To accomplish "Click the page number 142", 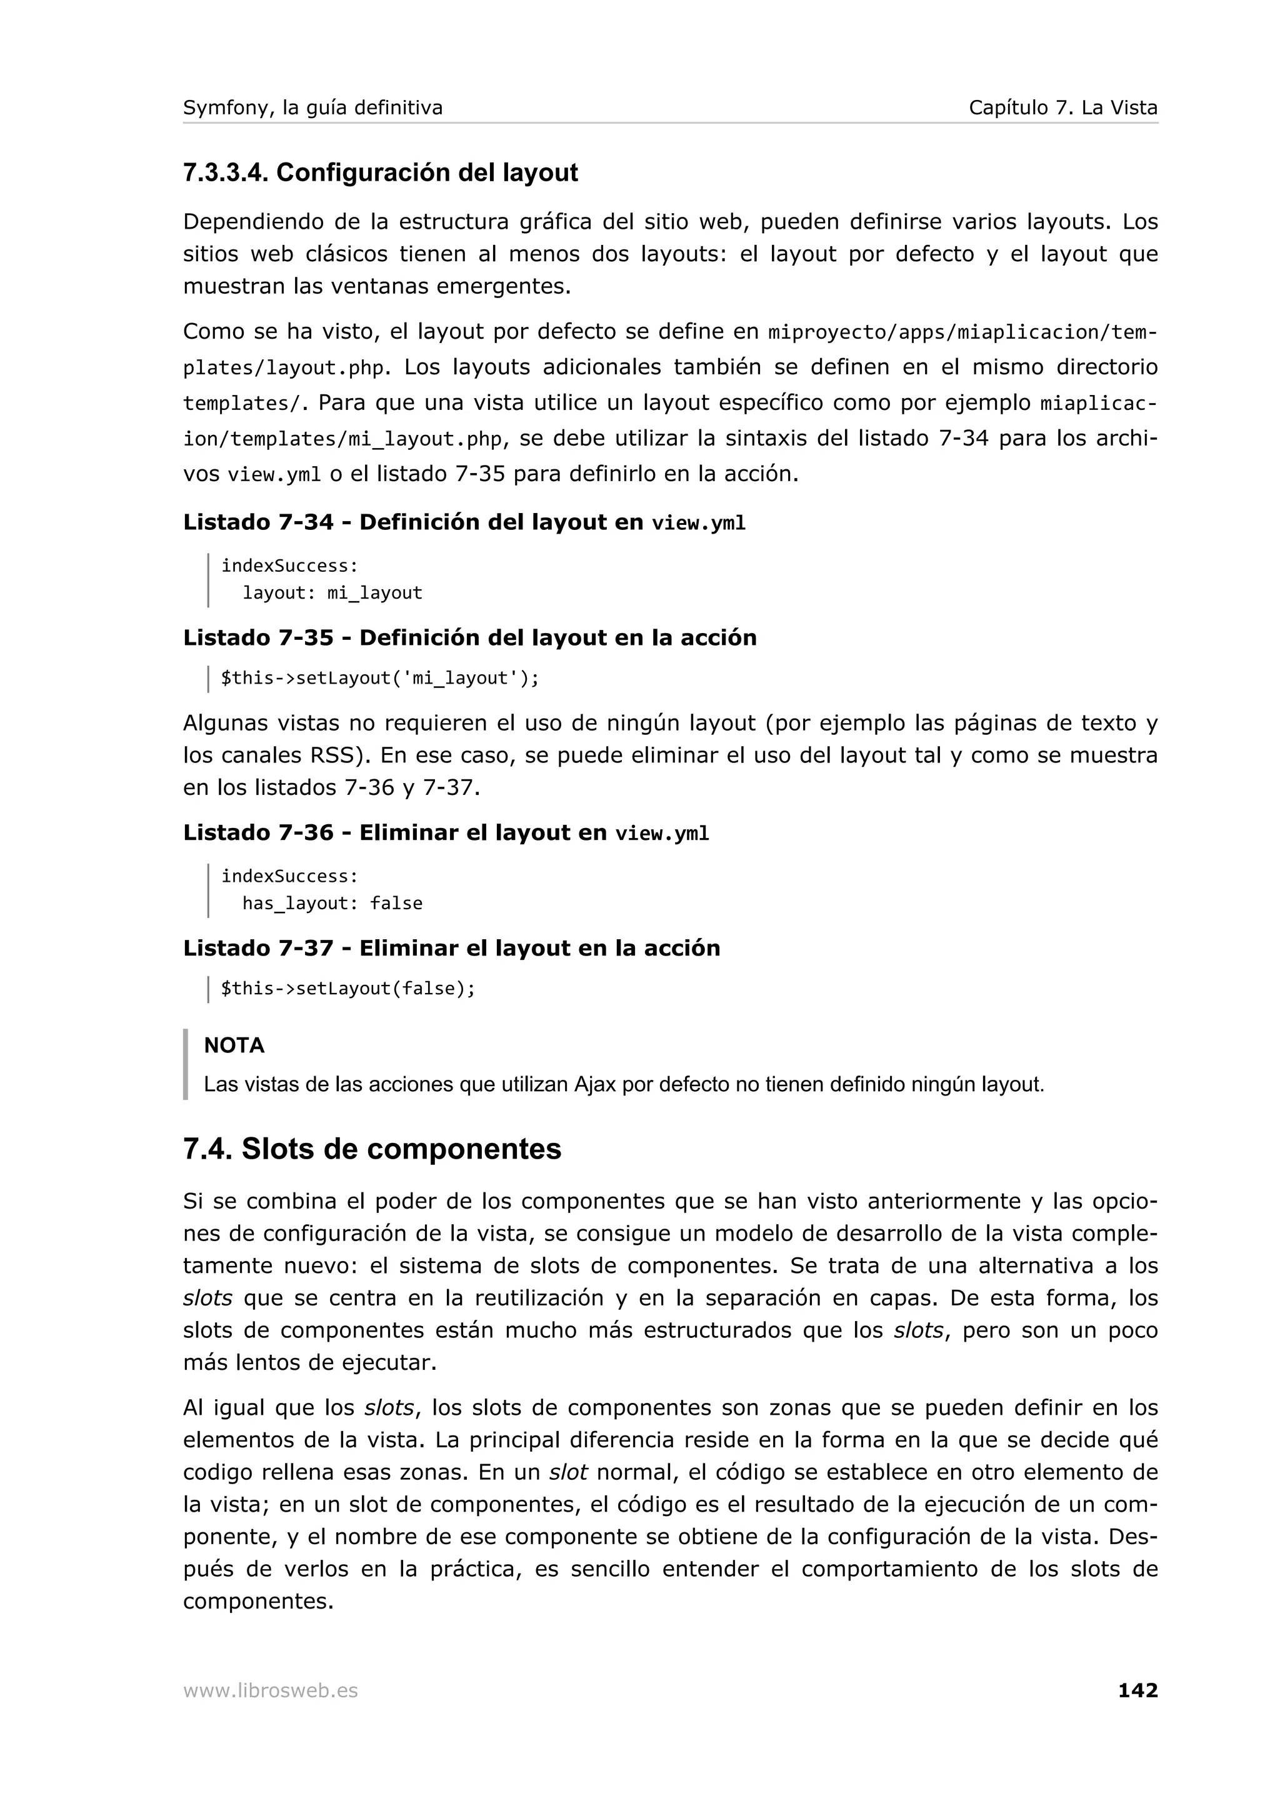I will pos(1137,1690).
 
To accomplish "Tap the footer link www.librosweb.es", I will pos(270,1690).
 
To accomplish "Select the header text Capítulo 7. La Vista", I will pos(1062,107).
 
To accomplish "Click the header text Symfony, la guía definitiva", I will pos(312,107).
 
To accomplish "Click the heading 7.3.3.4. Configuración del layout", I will pos(380,172).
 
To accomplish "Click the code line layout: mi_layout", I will pos(332,592).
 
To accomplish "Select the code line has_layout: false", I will pos(332,903).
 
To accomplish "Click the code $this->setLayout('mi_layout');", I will pos(379,678).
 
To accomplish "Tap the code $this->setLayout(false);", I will pos(347,989).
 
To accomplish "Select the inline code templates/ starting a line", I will pos(241,403).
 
